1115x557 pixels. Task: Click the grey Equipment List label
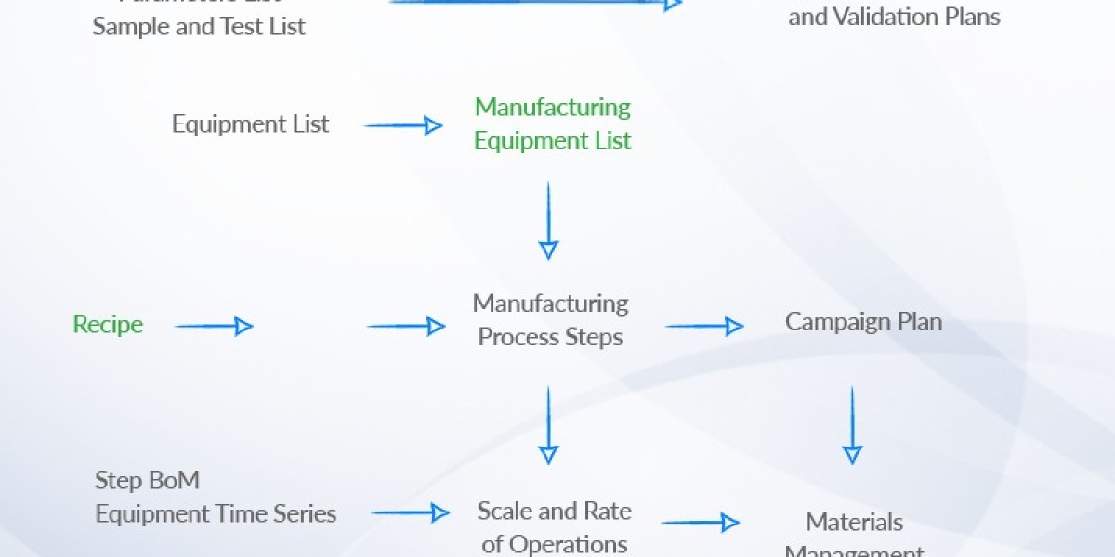(x=250, y=123)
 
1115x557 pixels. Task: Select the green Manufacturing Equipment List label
(x=552, y=123)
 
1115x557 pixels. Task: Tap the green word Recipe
(x=108, y=325)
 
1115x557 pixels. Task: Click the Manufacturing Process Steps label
(x=550, y=320)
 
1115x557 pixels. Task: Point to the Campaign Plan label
(x=863, y=322)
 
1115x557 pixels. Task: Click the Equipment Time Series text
(x=216, y=513)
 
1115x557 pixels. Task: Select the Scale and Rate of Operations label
(x=554, y=526)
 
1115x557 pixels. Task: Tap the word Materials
(x=854, y=522)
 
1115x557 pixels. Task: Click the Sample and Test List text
(x=199, y=27)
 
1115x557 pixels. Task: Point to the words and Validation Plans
(x=894, y=17)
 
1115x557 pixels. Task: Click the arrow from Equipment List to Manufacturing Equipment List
(x=403, y=125)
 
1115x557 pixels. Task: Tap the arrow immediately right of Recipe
(x=214, y=326)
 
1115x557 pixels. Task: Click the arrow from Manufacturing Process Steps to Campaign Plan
(x=704, y=326)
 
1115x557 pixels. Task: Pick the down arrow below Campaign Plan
(x=852, y=425)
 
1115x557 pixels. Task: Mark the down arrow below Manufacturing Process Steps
(x=548, y=425)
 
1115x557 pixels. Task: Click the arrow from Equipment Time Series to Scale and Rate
(x=410, y=512)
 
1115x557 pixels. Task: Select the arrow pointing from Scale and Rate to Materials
(x=700, y=523)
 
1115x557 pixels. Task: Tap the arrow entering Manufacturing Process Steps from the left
(x=406, y=326)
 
